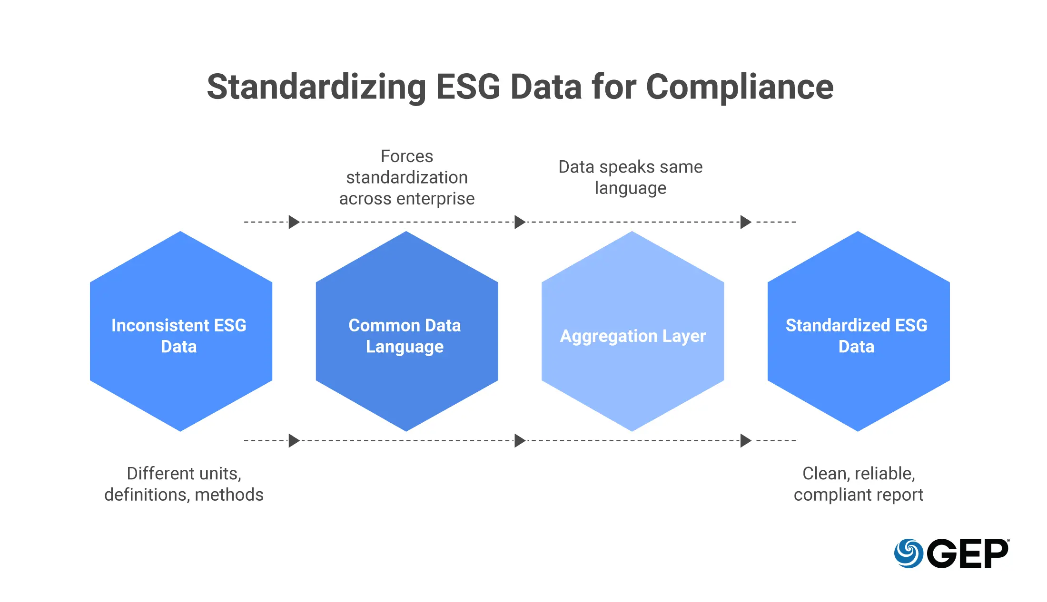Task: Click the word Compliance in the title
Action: [x=740, y=87]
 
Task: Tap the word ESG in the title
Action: [x=468, y=87]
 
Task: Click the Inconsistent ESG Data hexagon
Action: [x=181, y=331]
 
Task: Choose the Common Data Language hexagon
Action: [x=407, y=331]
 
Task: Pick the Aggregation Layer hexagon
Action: [x=632, y=331]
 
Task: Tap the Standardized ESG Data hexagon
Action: [x=859, y=331]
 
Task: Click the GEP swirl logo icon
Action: [x=909, y=553]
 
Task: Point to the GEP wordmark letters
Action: [x=968, y=553]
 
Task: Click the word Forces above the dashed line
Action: [x=407, y=156]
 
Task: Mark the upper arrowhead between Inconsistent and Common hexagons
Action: [x=294, y=222]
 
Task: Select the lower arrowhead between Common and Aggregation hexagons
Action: [x=520, y=441]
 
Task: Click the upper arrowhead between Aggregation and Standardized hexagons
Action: [x=746, y=222]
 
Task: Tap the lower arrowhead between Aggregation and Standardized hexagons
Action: [x=746, y=441]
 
